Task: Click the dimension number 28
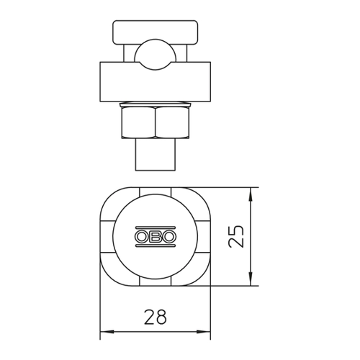click(156, 317)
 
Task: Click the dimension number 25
click(236, 236)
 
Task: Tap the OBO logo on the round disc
click(156, 237)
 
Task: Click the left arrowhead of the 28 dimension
click(107, 332)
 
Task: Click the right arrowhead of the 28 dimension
click(204, 332)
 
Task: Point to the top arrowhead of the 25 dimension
click(251, 194)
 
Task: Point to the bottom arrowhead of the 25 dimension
click(251, 279)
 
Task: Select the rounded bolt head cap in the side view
click(156, 32)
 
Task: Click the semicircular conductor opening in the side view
click(156, 55)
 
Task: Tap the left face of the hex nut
click(138, 122)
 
